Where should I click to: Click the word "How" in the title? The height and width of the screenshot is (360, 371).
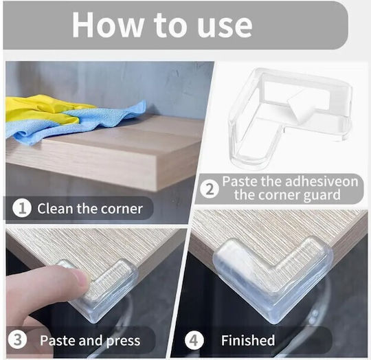(x=108, y=25)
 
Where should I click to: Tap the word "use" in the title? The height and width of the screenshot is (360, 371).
(x=225, y=27)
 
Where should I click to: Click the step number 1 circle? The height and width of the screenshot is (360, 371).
(x=22, y=208)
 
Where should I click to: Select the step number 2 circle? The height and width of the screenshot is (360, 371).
(x=210, y=189)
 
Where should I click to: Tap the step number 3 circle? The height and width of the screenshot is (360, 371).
(x=17, y=340)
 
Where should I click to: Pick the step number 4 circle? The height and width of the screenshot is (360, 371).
(x=194, y=341)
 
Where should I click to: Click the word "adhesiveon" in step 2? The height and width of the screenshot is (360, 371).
(x=322, y=181)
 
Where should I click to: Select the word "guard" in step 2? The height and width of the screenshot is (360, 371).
(x=322, y=196)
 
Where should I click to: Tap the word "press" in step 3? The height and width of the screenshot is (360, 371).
(x=123, y=341)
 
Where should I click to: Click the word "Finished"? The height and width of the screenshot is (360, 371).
(x=248, y=340)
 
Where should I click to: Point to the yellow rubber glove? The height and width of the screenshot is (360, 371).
(x=41, y=109)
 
